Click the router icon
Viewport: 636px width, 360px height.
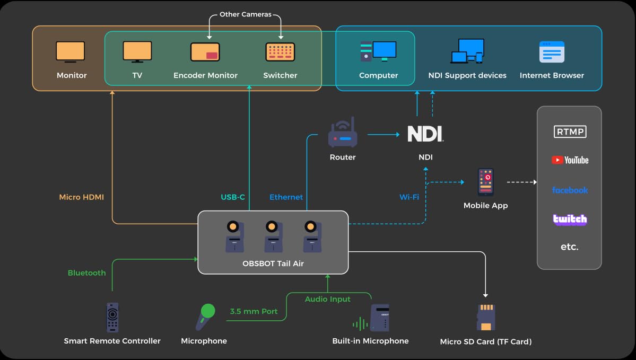click(343, 134)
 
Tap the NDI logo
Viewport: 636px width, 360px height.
click(425, 134)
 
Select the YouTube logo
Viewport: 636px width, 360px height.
click(570, 160)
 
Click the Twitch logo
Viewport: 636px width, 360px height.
click(570, 219)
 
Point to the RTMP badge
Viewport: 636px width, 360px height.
click(570, 131)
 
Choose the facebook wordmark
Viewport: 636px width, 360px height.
click(570, 190)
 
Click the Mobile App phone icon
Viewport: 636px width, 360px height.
click(485, 182)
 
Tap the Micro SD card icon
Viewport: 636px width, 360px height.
click(485, 317)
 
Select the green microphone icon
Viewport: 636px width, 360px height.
click(204, 317)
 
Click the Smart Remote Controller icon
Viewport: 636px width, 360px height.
click(112, 317)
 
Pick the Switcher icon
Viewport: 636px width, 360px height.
click(280, 52)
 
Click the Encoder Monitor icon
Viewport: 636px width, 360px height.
click(205, 52)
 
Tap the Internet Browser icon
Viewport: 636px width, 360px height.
click(552, 52)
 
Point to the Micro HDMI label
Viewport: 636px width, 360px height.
click(82, 197)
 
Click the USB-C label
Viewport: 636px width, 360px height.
click(233, 197)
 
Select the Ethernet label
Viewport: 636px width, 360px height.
click(286, 197)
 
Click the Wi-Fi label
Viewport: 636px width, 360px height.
click(409, 197)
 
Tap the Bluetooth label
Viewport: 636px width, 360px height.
click(86, 273)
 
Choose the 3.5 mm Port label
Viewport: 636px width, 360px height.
click(254, 311)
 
